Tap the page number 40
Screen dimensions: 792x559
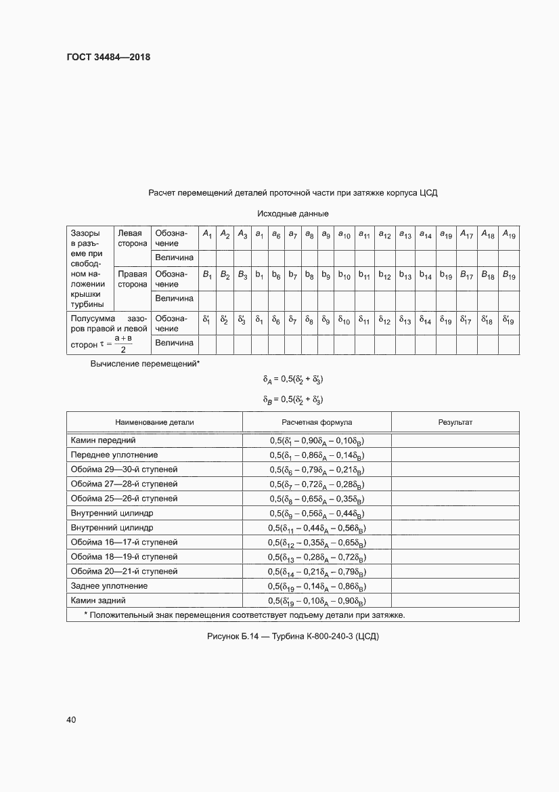[x=71, y=719]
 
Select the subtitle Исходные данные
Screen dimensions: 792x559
[x=292, y=213]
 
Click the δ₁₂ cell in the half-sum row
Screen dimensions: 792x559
[x=385, y=320]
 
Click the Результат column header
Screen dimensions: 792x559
[x=455, y=422]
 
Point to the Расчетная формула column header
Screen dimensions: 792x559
[x=317, y=422]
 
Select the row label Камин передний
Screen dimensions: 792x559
[x=104, y=440]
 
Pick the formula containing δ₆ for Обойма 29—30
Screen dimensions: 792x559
[x=317, y=470]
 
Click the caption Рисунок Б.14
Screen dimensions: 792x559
[x=292, y=638]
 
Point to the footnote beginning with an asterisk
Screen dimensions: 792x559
[x=244, y=615]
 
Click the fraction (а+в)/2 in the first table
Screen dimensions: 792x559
[x=122, y=343]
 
